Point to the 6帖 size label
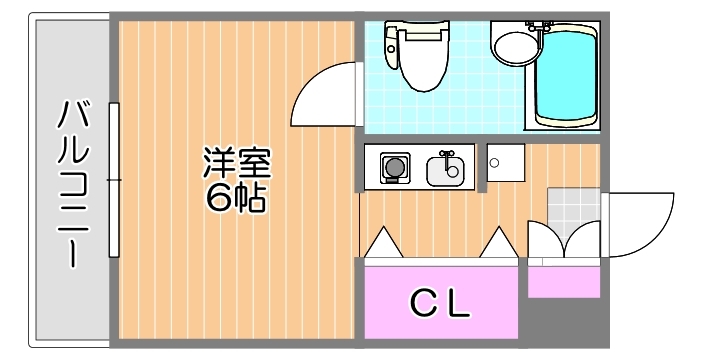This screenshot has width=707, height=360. [237, 198]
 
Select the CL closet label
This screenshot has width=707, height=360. [441, 302]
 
